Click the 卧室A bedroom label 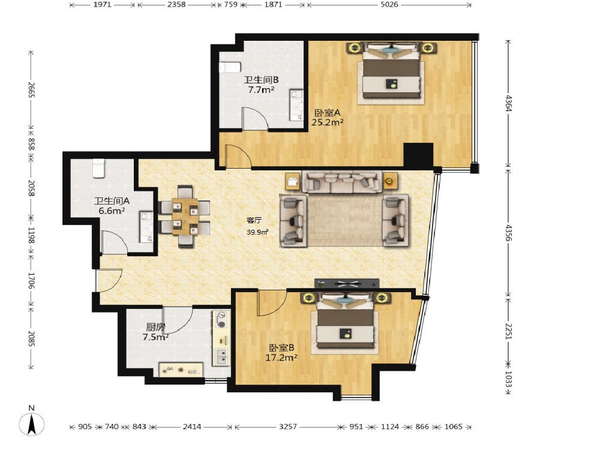pos(327,113)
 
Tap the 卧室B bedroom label pos(281,348)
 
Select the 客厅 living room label pos(254,220)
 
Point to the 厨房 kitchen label pos(155,327)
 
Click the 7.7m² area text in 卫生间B pos(261,90)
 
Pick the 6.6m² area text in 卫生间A pos(112,211)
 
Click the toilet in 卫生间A pos(99,169)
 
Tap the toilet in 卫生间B pos(230,67)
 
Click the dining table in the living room pos(185,216)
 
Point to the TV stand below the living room pos(347,284)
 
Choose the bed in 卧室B pos(346,322)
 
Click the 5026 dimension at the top pos(389,5)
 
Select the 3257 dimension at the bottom pos(288,427)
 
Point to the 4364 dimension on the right pos(509,103)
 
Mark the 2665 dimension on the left pos(31,90)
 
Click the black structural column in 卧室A pos(419,155)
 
